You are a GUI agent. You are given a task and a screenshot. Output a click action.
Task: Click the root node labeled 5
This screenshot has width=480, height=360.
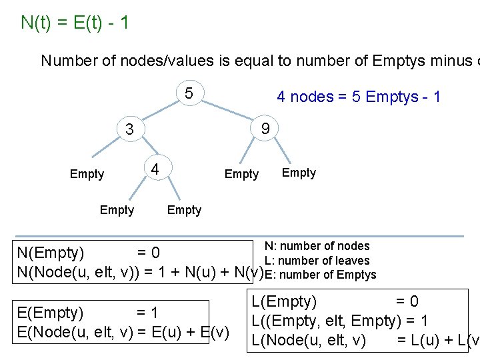tap(189, 93)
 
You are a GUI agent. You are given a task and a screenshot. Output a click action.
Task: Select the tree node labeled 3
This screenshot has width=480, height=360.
tap(131, 129)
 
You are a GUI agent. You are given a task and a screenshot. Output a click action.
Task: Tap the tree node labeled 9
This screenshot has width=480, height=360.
tap(265, 128)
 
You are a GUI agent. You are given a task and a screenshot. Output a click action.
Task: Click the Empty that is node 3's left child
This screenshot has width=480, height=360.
tap(87, 174)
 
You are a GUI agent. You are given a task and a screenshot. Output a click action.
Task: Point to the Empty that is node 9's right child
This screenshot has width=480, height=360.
tap(299, 173)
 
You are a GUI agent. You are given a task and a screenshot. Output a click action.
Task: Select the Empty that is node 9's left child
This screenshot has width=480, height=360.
tap(241, 174)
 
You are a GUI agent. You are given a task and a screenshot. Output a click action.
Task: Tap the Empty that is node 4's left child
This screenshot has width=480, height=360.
tap(117, 210)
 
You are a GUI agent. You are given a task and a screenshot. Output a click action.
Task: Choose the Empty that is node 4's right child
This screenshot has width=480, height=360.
tap(184, 210)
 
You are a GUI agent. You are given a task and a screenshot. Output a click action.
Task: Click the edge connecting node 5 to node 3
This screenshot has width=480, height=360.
tap(160, 109)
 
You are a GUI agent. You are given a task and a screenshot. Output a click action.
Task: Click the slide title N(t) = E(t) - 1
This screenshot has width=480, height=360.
tap(75, 23)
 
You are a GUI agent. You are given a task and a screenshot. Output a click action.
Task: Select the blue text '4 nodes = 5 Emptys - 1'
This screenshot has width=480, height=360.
tap(359, 97)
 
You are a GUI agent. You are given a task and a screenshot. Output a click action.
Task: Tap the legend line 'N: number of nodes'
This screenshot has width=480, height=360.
tap(317, 247)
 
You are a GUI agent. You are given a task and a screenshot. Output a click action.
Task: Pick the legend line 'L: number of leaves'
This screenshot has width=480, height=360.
tap(317, 261)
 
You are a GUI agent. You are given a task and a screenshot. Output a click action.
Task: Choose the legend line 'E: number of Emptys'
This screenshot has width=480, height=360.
tap(320, 275)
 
